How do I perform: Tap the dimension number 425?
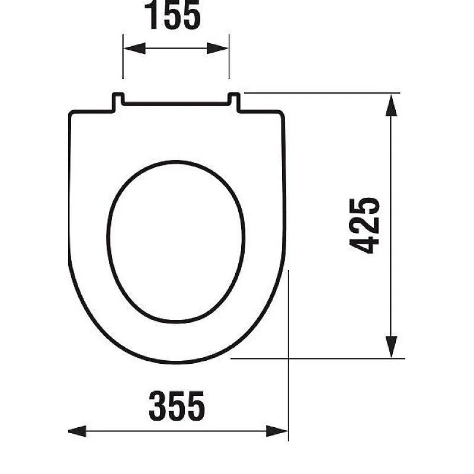tap(364, 226)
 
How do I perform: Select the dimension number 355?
tap(177, 406)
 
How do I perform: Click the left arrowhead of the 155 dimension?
tap(134, 49)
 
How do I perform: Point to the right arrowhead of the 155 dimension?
tap(217, 49)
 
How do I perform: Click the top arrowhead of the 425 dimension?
tap(391, 105)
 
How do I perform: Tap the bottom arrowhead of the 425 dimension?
tap(391, 347)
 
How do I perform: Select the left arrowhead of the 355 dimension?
tap(77, 431)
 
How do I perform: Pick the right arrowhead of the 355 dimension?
tap(277, 431)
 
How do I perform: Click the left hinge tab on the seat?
tap(118, 101)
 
